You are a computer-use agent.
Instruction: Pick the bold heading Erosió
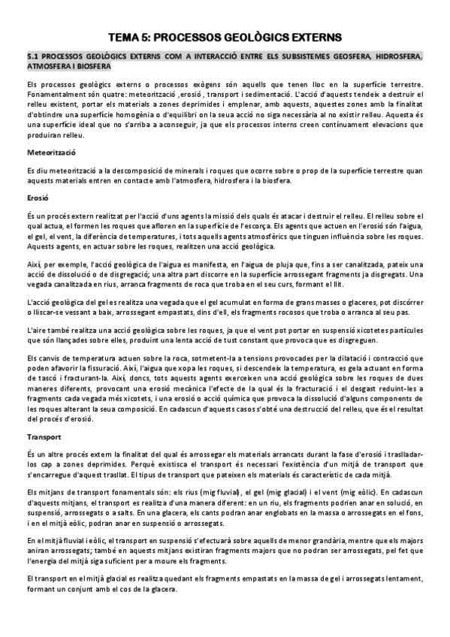click(x=37, y=198)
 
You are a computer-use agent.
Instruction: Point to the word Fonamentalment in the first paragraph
click(x=52, y=95)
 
